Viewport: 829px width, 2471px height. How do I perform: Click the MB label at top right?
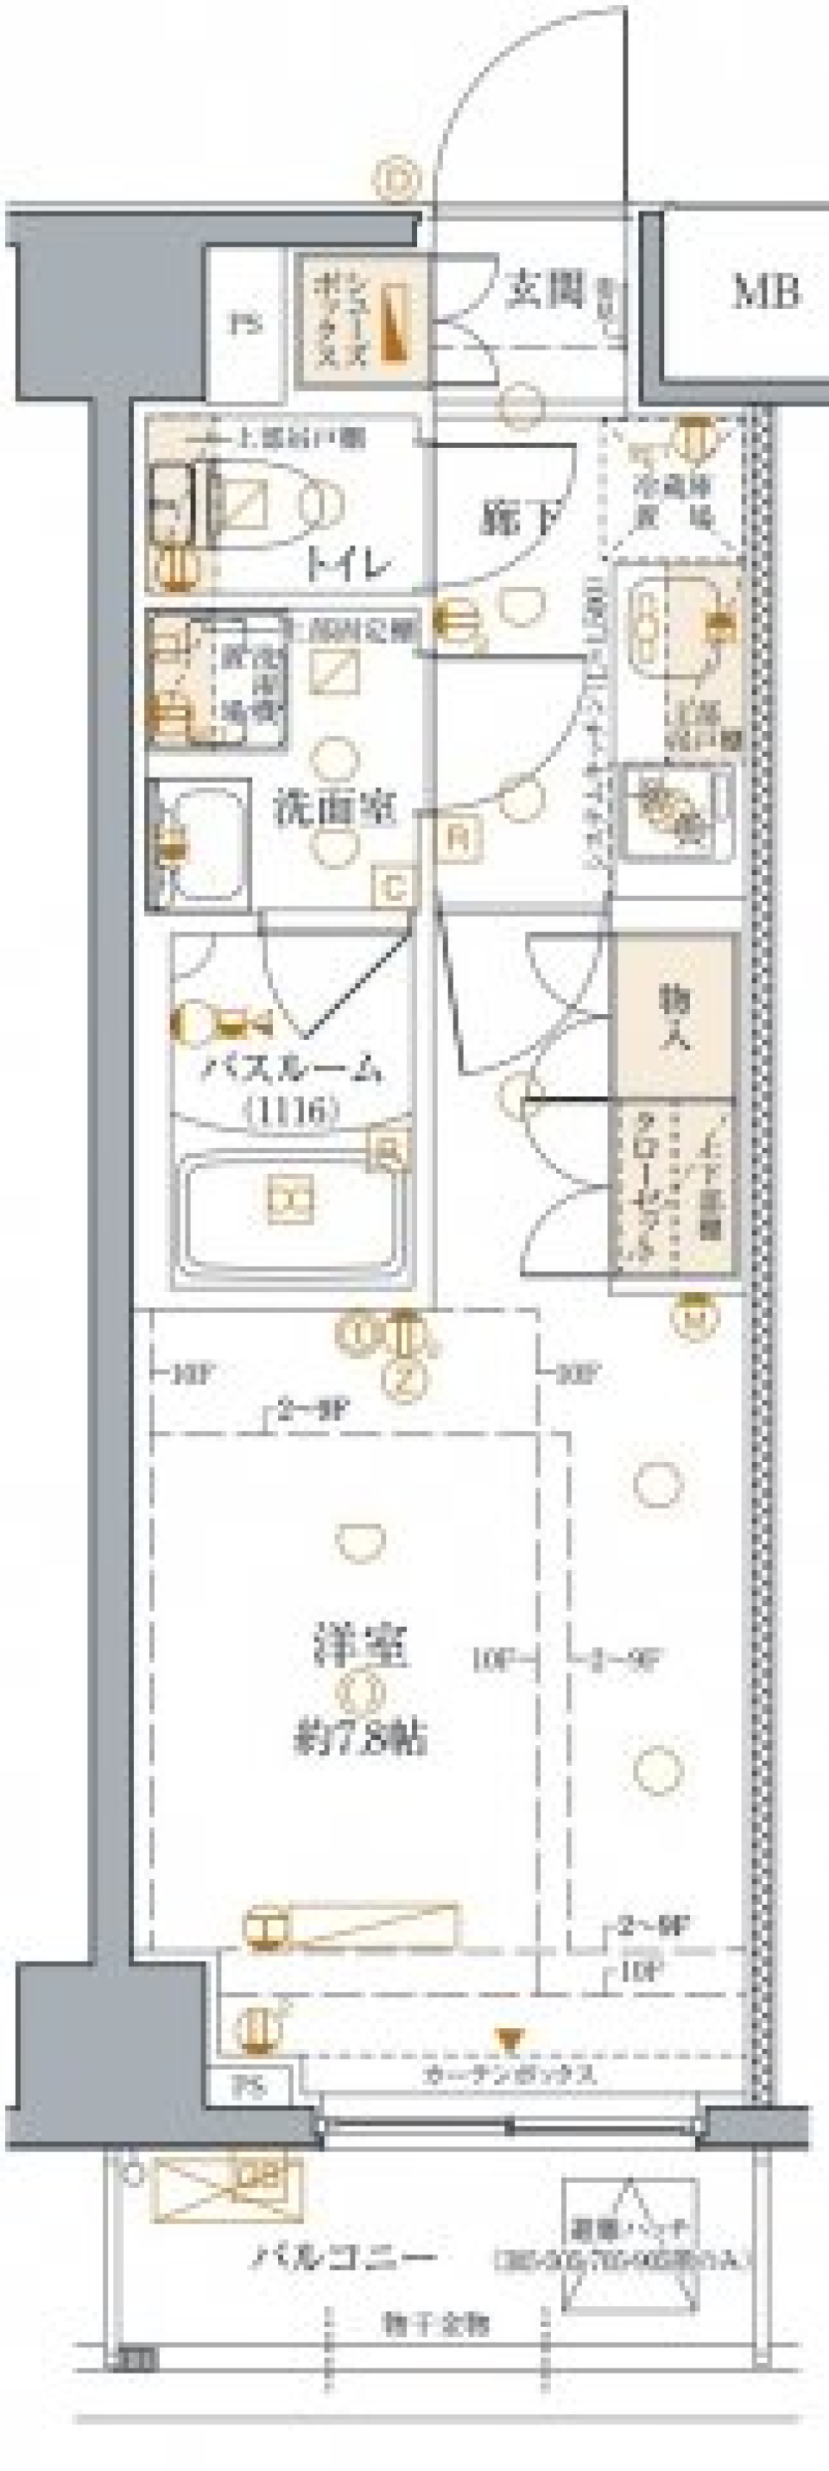[x=767, y=292]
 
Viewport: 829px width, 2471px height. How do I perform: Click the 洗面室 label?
[x=334, y=809]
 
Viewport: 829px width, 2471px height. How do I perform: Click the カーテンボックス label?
[x=510, y=2075]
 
